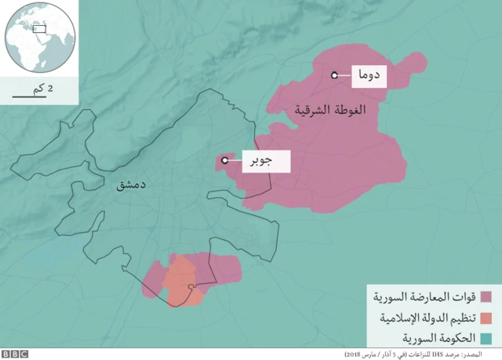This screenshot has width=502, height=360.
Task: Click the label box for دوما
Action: tap(368, 75)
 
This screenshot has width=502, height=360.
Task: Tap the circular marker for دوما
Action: tap(334, 75)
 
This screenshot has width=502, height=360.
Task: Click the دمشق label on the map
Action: tap(131, 185)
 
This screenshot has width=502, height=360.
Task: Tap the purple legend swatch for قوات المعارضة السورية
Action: tap(486, 298)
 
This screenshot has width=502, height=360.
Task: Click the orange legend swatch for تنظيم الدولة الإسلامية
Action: tap(486, 318)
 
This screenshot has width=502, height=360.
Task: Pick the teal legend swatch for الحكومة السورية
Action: tap(486, 339)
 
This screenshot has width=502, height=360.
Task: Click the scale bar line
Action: tap(28, 98)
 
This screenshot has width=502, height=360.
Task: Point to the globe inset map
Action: tap(38, 38)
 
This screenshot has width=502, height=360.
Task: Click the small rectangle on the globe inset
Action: tap(39, 29)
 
